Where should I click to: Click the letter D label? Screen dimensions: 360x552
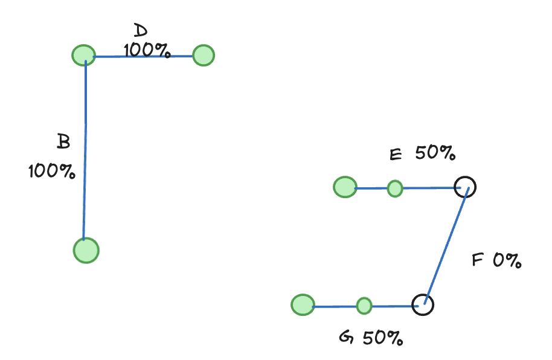coord(140,31)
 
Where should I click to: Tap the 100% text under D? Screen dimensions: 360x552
coord(146,50)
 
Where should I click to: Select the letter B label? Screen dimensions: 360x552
coord(63,142)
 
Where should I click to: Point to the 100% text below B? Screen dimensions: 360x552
coord(52,172)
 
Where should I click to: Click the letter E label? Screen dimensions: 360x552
coord(396,155)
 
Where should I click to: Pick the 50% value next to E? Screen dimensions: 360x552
coord(435,154)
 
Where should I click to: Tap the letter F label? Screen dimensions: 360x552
coord(477,260)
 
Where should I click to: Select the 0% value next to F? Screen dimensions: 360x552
coord(506,260)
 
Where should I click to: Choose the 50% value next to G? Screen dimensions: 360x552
coord(382,338)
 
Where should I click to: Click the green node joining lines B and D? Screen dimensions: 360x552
coord(83,56)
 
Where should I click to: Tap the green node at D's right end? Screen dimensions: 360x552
coord(204,56)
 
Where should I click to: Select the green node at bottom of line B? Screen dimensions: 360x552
coord(86,250)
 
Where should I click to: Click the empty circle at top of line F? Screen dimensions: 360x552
coord(465,187)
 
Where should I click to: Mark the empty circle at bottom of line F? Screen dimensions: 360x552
coord(423,304)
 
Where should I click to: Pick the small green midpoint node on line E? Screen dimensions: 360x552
coord(395,188)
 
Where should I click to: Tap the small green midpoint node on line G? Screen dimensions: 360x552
coord(364,306)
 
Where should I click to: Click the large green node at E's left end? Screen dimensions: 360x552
coord(345,187)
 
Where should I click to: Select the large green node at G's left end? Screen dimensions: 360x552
coord(303,305)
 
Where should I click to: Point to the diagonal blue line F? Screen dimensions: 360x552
coord(446,245)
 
